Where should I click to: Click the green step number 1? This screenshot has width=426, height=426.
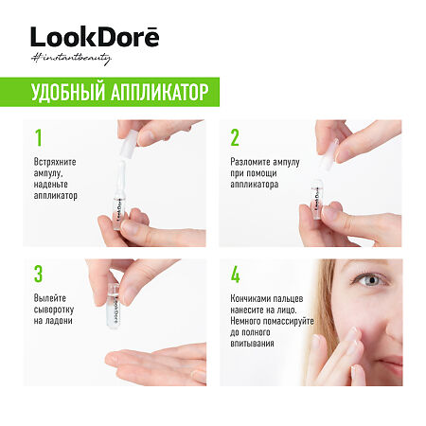click(38, 138)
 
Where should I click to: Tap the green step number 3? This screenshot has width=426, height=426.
click(39, 275)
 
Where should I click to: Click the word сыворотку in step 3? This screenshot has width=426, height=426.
click(57, 311)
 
